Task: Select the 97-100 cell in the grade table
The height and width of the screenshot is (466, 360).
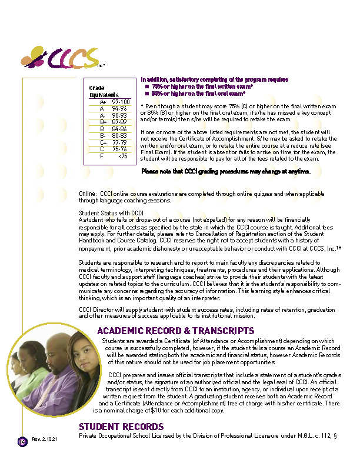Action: pos(120,102)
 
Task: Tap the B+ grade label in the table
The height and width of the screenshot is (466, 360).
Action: pos(103,122)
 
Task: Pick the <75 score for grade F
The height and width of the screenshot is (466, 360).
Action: pos(122,156)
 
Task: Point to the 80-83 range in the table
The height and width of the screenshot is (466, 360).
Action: pos(119,135)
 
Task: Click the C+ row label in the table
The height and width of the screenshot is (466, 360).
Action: pos(103,142)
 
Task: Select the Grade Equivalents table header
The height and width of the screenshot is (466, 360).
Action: pos(104,91)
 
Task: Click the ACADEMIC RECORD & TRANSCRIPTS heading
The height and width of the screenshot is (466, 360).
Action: pos(175,331)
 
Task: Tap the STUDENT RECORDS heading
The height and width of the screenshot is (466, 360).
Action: pos(121,427)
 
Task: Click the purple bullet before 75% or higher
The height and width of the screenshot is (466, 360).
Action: pos(148,86)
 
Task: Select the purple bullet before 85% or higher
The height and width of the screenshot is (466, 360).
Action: pos(148,93)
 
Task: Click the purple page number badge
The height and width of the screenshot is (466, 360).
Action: pos(22,441)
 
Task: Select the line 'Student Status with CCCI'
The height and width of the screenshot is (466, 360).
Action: pos(111,212)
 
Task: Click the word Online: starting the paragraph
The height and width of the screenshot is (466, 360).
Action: pos(88,194)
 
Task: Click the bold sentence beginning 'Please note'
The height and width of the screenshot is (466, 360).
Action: pos(226,171)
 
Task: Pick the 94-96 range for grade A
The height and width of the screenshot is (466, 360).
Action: pos(119,108)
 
